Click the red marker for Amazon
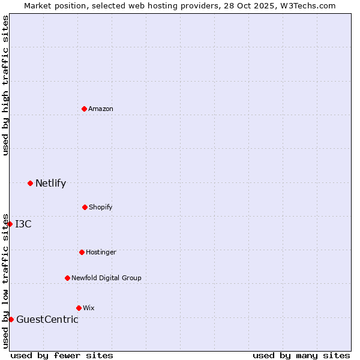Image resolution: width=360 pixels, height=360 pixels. coord(85,109)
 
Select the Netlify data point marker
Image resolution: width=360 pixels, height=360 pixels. coord(30,183)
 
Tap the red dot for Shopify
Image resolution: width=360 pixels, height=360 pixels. coord(85,207)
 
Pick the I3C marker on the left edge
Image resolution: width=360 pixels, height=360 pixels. coord(10,224)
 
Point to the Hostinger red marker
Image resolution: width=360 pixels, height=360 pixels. coord(82,252)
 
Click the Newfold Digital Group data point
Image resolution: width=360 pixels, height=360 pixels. coord(67,278)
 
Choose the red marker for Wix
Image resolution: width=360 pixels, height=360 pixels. coord(79,308)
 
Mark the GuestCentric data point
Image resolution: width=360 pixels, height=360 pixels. coord(11,319)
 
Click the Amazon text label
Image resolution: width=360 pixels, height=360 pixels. coord(101,109)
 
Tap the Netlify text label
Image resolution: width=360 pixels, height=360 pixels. coord(50,184)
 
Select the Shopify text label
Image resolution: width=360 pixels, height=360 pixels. coord(101,207)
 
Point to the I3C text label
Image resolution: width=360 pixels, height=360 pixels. coord(23,224)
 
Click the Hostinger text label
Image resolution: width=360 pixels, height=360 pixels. coord(101,252)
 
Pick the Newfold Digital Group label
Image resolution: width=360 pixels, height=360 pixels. coord(106,278)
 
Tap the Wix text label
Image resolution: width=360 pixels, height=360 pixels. coord(89,308)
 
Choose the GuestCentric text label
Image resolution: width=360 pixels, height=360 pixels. coord(47,320)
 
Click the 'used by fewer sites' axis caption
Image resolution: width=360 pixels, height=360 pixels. coord(62,355)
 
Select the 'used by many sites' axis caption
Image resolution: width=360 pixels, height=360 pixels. coord(301,355)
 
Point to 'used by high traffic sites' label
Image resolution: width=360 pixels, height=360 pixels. coord(6,85)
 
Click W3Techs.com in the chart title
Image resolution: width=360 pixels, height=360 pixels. coord(306,5)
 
